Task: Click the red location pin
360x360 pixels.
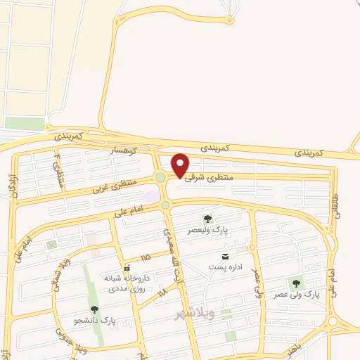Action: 180,164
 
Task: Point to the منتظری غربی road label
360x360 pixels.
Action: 112,186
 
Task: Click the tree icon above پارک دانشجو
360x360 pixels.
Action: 94,309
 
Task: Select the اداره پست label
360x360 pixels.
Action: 225,267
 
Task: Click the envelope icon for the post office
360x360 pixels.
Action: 225,256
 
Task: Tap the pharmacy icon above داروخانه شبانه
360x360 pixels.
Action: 127,268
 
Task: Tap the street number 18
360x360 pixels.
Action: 162,290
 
